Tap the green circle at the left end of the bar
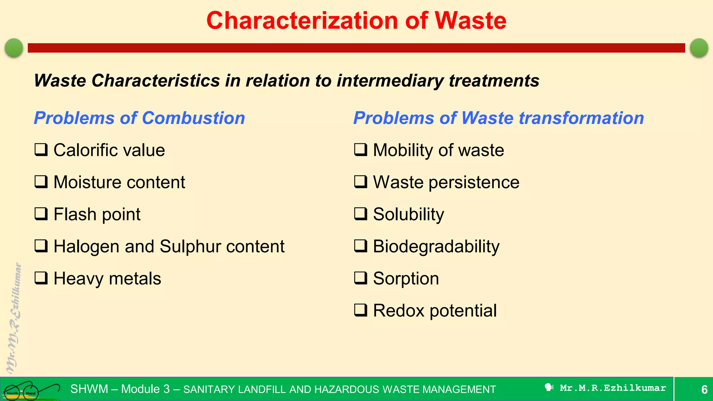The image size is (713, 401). (14, 48)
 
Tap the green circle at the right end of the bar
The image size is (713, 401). (699, 48)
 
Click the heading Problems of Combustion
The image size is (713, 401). (139, 118)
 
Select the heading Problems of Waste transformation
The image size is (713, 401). (498, 118)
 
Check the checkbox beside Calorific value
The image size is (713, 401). (41, 150)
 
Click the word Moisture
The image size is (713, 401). (87, 182)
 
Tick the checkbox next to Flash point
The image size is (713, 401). (41, 214)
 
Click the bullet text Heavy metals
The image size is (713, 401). (107, 278)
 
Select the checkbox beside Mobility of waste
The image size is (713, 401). (360, 150)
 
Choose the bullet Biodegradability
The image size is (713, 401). (436, 247)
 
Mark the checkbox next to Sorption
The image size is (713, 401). (360, 278)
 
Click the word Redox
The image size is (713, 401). (398, 310)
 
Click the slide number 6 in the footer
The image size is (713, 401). (704, 390)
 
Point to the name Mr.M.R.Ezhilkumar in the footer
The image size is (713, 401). (613, 388)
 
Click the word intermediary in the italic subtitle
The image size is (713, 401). (390, 81)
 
